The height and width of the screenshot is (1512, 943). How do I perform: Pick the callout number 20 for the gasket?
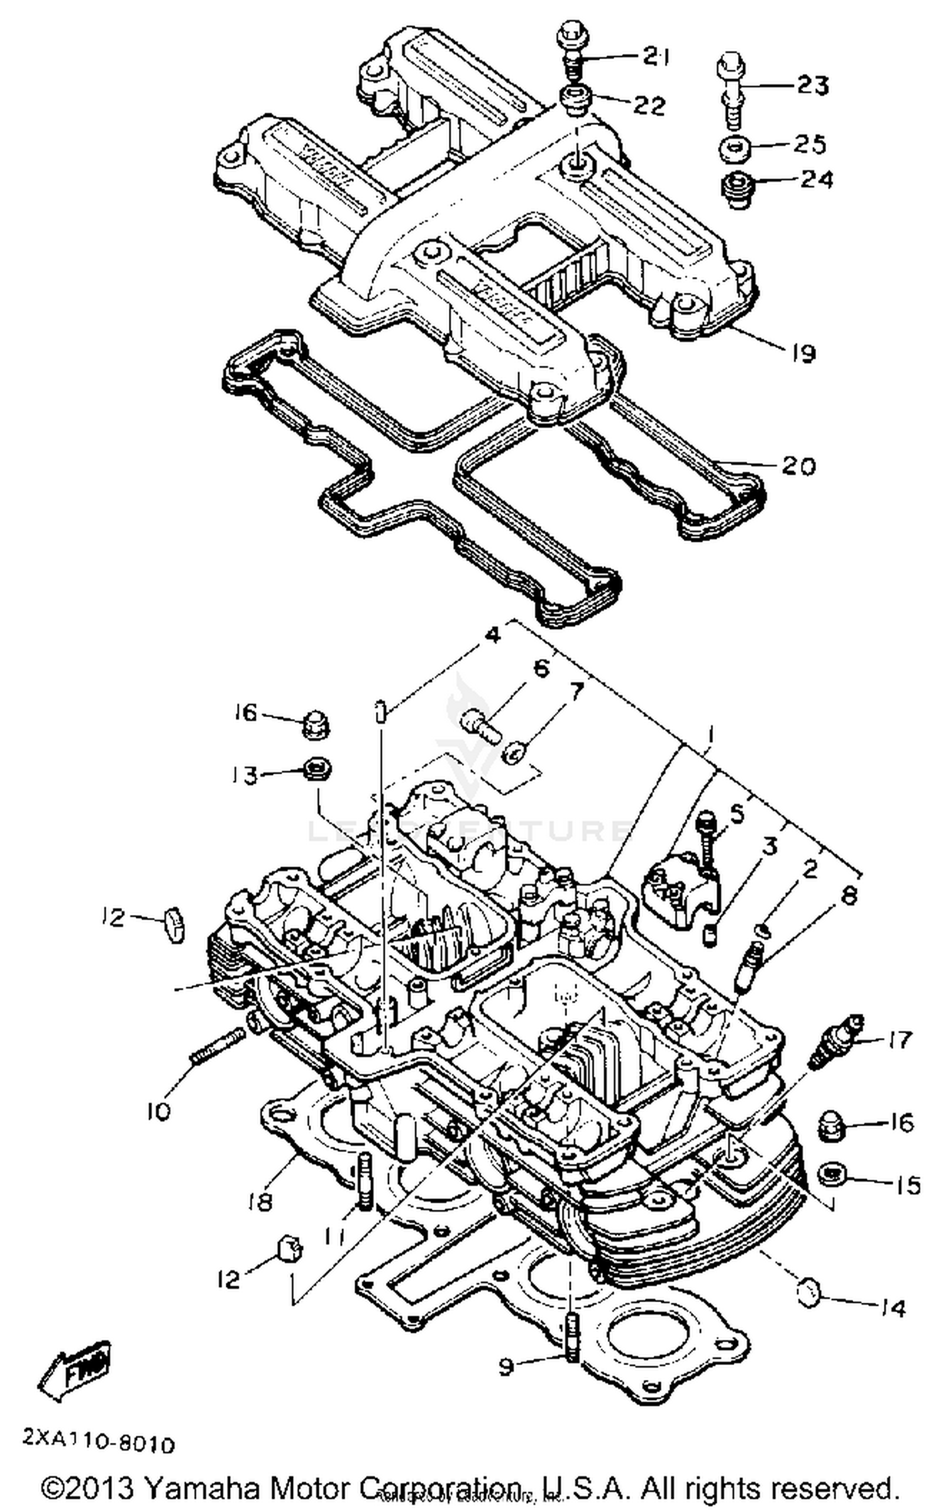(x=798, y=466)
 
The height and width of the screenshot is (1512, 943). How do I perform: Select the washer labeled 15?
(x=832, y=1173)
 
